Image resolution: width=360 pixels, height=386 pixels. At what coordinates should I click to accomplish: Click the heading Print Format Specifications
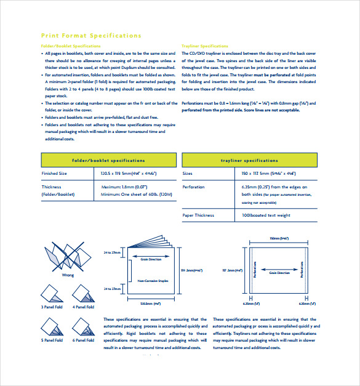point(90,36)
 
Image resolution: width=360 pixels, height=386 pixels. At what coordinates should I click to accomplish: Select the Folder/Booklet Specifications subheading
point(71,46)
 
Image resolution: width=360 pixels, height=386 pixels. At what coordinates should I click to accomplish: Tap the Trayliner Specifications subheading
point(205,46)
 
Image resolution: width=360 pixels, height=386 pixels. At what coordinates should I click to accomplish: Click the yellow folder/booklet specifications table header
point(108,160)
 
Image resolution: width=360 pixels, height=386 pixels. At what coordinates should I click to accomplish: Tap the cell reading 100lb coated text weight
point(266,215)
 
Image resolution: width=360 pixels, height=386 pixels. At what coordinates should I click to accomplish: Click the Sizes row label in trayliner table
point(188,174)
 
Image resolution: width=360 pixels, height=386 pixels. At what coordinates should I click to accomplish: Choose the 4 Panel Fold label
point(83,307)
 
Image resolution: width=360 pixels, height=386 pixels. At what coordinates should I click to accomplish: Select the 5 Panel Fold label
point(52,340)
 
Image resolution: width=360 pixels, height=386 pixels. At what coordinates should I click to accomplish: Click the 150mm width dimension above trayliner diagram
point(275,238)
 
